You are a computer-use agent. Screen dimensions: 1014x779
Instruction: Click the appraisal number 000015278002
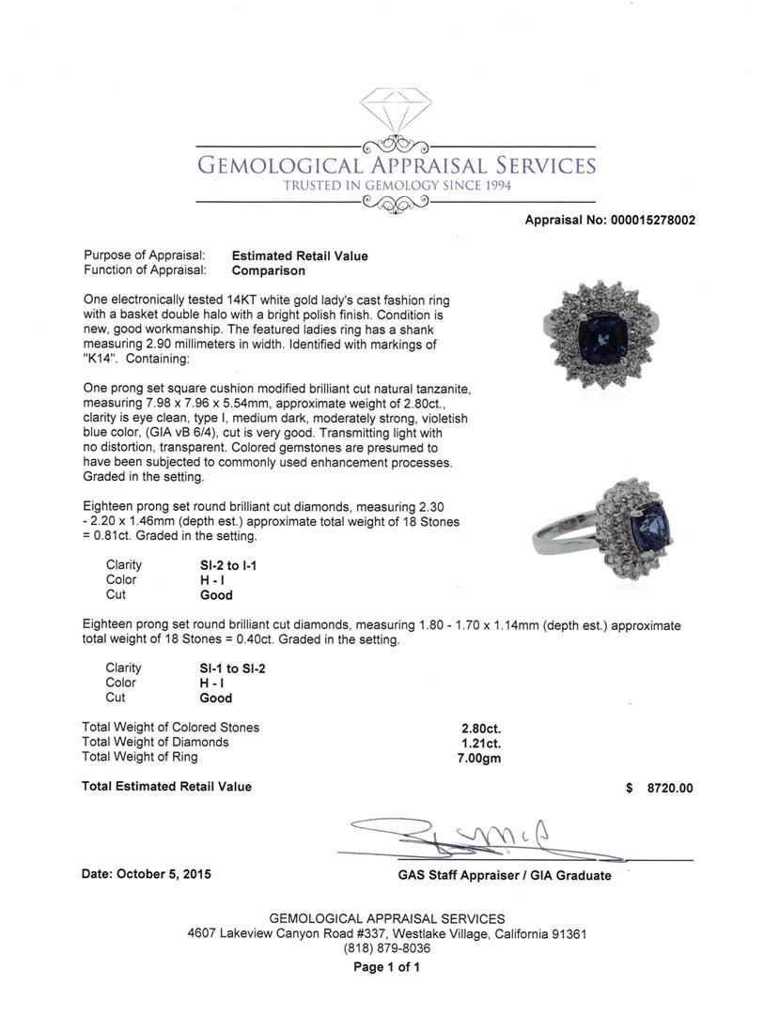tap(649, 221)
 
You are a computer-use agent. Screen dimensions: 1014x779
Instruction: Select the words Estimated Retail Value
tap(300, 255)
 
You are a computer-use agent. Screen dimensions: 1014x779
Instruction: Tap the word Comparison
tap(268, 270)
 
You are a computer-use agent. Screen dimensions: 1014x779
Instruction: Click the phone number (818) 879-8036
tap(387, 949)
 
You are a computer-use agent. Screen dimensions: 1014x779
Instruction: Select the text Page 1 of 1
tap(386, 967)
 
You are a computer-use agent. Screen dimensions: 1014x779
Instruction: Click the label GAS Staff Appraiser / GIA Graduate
tap(504, 875)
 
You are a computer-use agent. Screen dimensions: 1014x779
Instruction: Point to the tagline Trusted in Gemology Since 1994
tap(397, 186)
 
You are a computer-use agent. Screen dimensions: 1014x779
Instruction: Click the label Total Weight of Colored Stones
tap(170, 728)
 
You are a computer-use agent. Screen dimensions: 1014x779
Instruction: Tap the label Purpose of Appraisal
tap(144, 255)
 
